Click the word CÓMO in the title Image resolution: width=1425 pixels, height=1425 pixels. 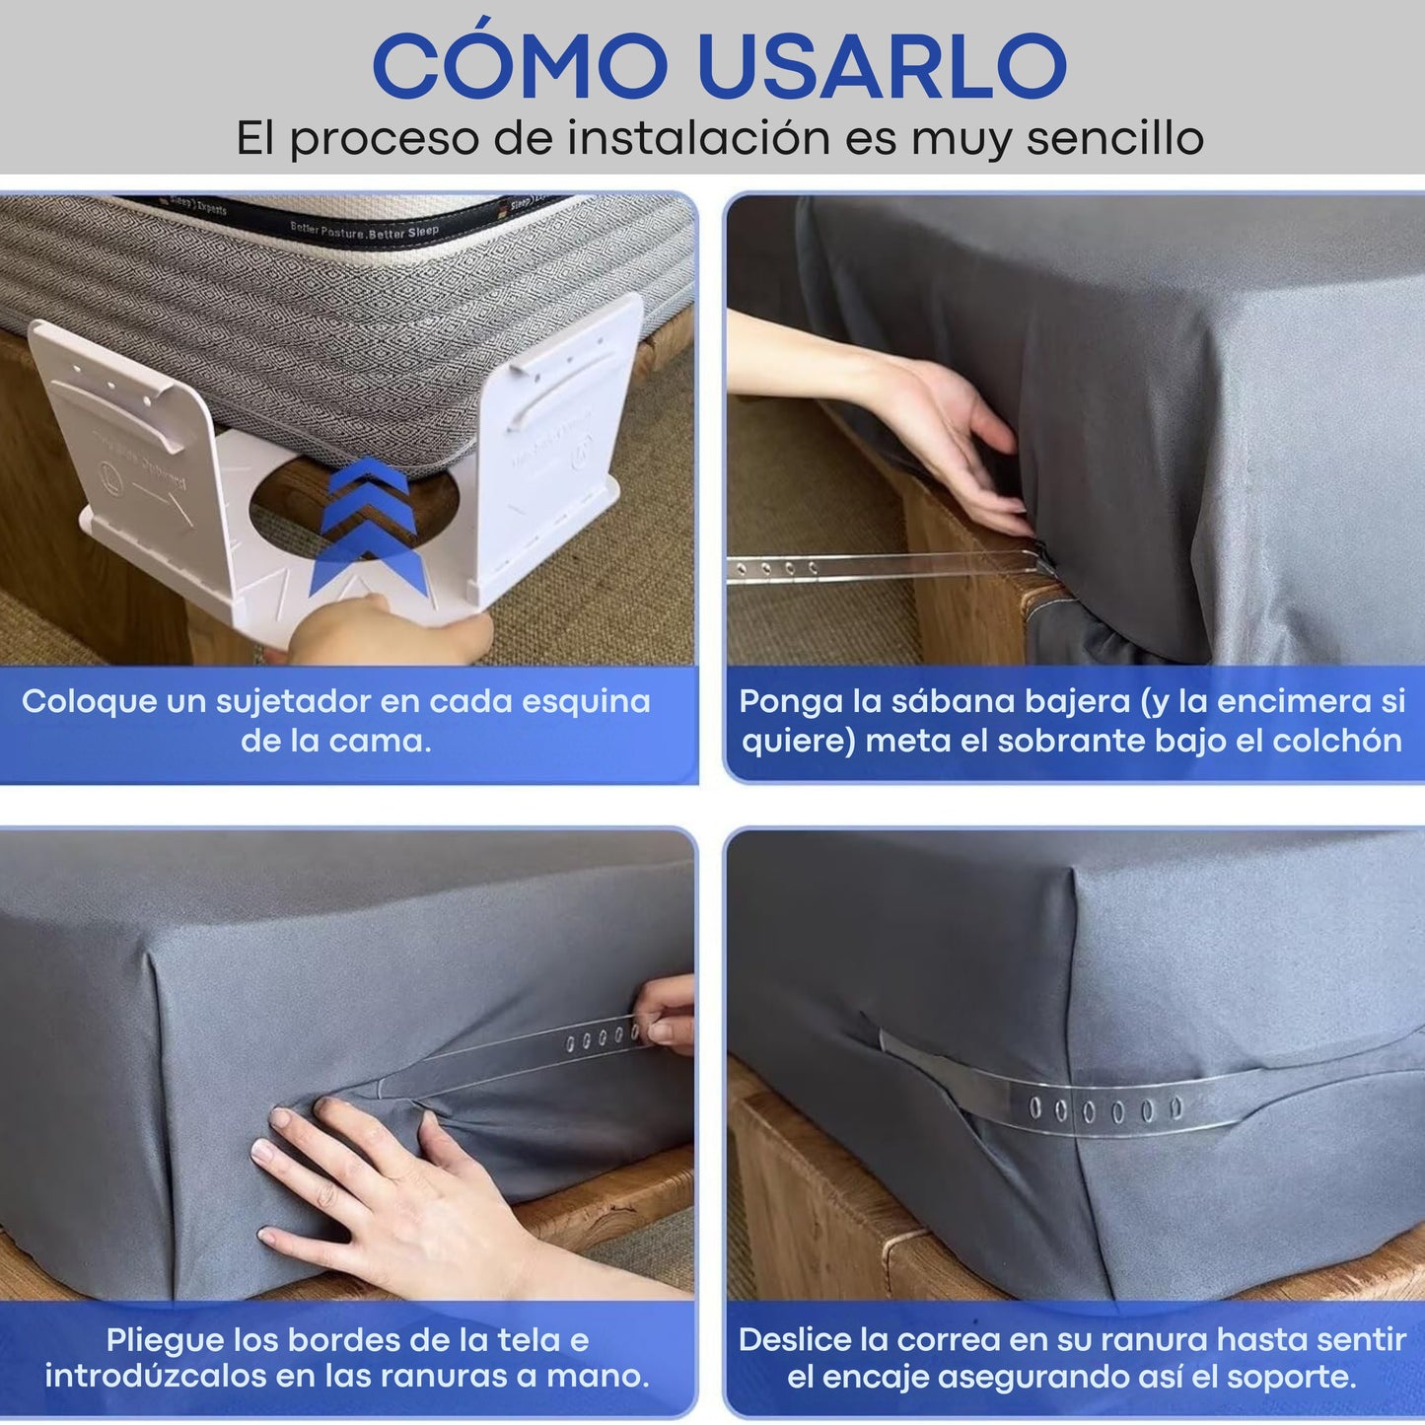point(520,66)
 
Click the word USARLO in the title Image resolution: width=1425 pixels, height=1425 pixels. point(881,66)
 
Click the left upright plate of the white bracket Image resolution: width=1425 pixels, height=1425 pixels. point(128,434)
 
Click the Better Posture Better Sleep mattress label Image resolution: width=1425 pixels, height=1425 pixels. point(364,231)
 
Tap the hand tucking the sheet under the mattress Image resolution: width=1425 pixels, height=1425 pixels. point(947,434)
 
